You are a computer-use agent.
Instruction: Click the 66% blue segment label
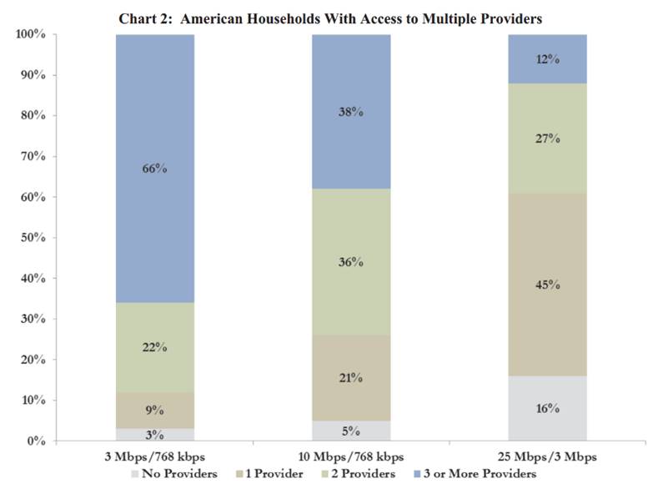[155, 169]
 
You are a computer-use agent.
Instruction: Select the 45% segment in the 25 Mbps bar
[548, 285]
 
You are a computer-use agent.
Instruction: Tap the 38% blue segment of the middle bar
[351, 113]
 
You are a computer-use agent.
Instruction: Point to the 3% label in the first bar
[155, 434]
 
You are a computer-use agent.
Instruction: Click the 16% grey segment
[548, 409]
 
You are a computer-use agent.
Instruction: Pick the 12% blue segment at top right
[548, 59]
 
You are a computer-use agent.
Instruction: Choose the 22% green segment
[155, 347]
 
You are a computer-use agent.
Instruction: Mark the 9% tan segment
[155, 410]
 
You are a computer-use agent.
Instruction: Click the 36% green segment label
[351, 262]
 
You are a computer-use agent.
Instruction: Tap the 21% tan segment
[351, 378]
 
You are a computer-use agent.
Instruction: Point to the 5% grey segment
[351, 431]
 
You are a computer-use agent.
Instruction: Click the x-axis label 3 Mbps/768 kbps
[155, 456]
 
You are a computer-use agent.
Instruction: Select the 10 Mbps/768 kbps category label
[351, 456]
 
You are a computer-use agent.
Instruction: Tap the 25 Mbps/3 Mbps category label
[548, 456]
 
